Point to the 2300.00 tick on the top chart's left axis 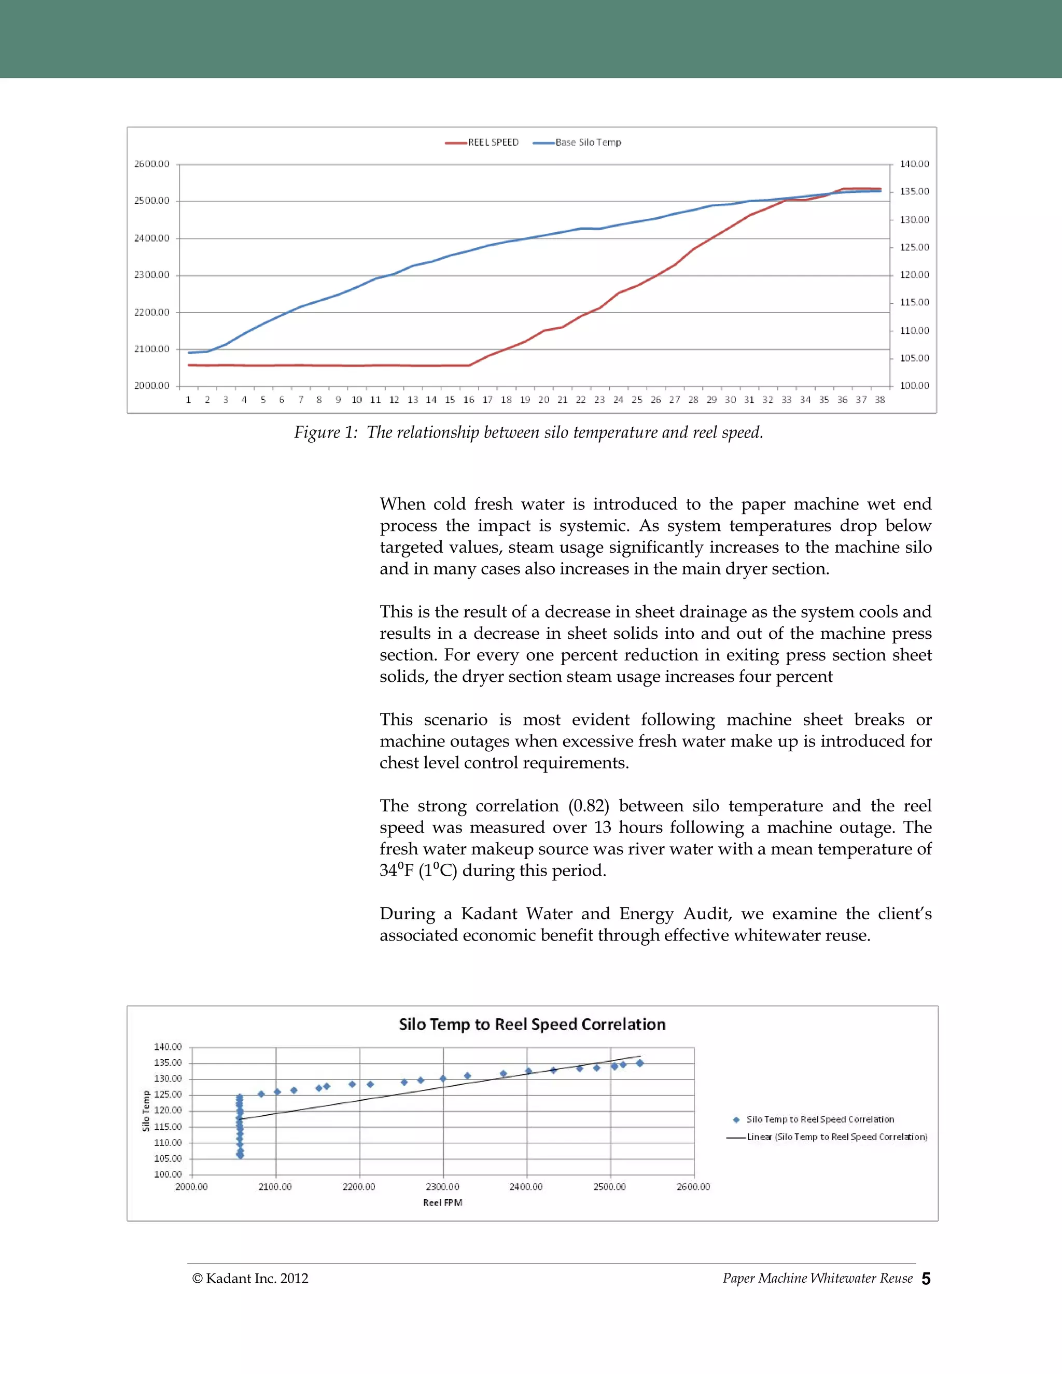[151, 275]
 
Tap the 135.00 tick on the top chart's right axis [914, 191]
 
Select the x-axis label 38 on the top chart [879, 399]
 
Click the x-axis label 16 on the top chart [469, 399]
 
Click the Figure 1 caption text [528, 433]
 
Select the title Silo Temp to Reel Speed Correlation [532, 1024]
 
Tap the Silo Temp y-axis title [146, 1111]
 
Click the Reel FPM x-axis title [442, 1202]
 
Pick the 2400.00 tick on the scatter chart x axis [526, 1186]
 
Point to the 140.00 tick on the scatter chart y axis [167, 1047]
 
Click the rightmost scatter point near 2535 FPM [640, 1063]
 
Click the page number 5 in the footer [926, 1279]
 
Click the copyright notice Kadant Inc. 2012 [250, 1279]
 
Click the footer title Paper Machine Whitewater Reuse [817, 1279]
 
